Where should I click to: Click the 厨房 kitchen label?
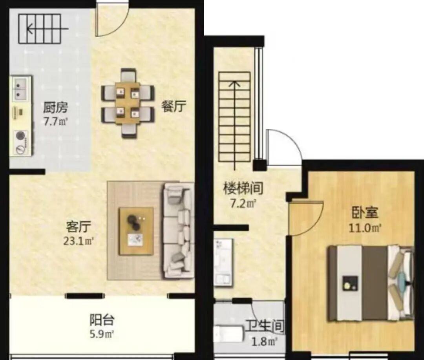pos(55,108)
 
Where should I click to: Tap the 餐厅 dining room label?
pos(174,106)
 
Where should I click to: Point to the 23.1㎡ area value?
pos(79,241)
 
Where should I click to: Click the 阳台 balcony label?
pos(102,320)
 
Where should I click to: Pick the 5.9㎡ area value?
pos(102,334)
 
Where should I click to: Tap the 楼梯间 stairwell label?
pos(243,188)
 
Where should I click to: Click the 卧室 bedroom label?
pos(365,213)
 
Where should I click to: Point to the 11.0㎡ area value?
pos(365,228)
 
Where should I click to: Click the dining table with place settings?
pos(128,103)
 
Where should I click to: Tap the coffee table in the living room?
pos(137,231)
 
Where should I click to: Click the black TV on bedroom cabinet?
pos(350,283)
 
